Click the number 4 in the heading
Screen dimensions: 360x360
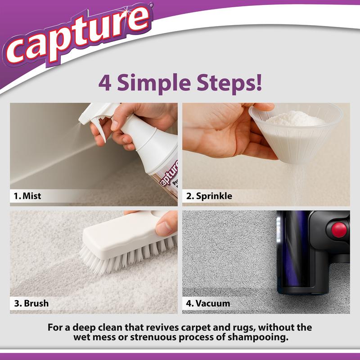[x=105, y=84]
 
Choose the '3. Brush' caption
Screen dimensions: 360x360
[x=31, y=303]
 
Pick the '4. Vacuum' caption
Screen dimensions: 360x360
[x=208, y=303]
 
